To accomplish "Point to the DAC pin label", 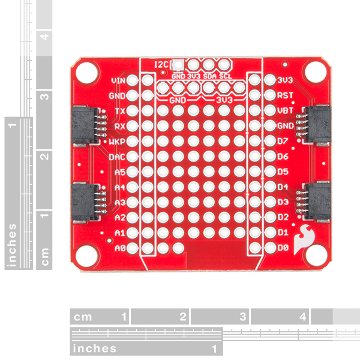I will tap(117, 157).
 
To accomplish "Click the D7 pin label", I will tap(283, 142).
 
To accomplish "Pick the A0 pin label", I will tap(119, 247).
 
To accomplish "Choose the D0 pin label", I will tap(283, 247).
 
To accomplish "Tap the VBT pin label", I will tap(285, 110).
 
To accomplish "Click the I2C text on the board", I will tap(161, 64).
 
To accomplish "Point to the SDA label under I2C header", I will tap(210, 76).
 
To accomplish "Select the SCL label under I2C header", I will tap(225, 76).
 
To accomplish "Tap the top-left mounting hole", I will tap(86, 71).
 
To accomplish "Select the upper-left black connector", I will tap(83, 127).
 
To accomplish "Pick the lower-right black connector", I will tap(317, 202).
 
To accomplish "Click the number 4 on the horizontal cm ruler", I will tap(302, 316).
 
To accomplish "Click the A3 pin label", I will tap(119, 202).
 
